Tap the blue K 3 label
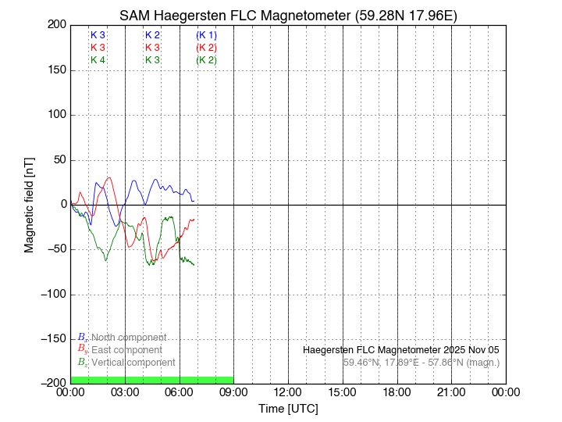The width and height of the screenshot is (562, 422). [x=98, y=35]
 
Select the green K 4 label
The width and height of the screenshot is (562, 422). [x=98, y=59]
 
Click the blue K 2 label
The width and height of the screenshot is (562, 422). [x=152, y=35]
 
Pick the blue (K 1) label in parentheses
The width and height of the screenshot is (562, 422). [x=207, y=35]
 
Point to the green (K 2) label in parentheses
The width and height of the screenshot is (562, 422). [x=207, y=59]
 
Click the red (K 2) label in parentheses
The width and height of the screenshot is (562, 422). [x=207, y=48]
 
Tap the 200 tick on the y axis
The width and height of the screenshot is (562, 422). [x=56, y=25]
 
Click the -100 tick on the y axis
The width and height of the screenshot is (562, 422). [x=53, y=295]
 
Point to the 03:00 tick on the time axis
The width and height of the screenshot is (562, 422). [x=125, y=392]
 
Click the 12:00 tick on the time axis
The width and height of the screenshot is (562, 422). [x=288, y=392]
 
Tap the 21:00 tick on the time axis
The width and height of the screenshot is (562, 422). [x=451, y=392]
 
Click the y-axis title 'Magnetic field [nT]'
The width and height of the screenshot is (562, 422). [x=30, y=204]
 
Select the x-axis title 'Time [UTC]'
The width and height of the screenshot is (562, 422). [x=288, y=408]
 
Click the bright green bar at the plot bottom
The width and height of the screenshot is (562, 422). [x=151, y=380]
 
